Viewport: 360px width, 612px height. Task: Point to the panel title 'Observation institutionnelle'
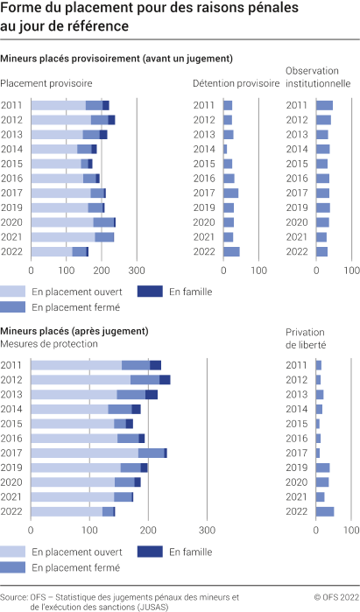[318, 76]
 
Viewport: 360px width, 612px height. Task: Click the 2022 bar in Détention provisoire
[231, 252]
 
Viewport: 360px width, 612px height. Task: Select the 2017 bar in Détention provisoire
[230, 193]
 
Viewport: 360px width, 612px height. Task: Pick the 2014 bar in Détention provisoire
[225, 149]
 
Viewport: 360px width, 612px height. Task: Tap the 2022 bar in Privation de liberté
[325, 511]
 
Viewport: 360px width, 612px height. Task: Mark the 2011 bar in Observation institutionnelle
[324, 105]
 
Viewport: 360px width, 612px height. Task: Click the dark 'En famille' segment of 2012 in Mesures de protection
[165, 380]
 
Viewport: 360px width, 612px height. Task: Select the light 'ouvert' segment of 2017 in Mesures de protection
[84, 453]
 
